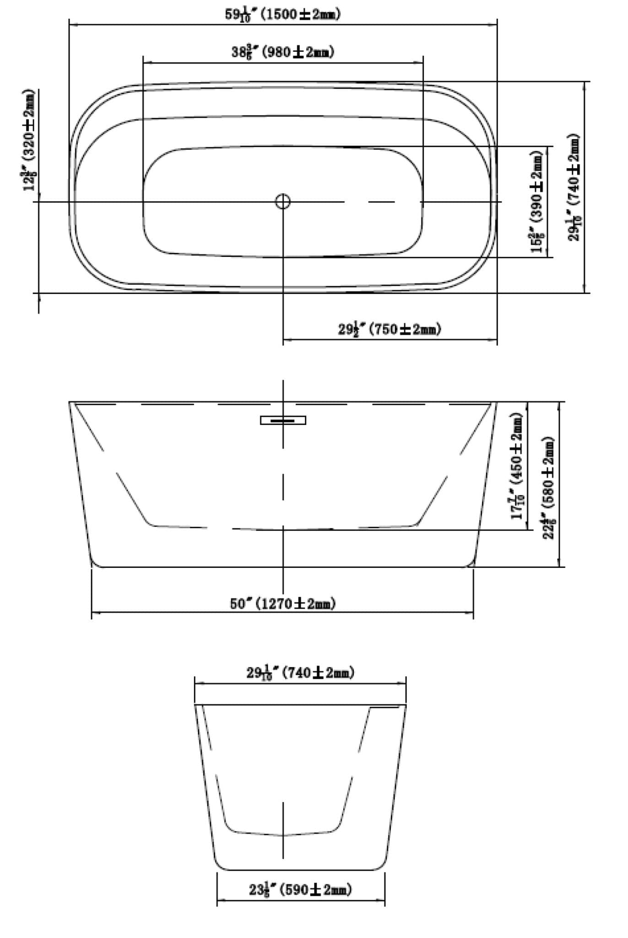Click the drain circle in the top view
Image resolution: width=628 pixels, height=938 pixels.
[283, 202]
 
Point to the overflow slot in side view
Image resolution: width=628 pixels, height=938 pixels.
[283, 420]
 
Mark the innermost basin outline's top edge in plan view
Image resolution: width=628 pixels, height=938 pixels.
[282, 147]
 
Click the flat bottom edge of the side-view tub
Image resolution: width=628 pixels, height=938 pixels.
[282, 567]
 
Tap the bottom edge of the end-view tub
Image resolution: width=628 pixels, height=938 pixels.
[301, 870]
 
